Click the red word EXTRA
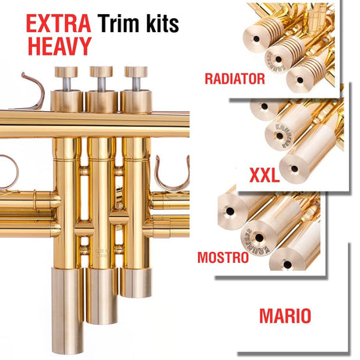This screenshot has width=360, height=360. coord(59,23)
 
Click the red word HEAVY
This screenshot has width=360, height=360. coord(59,46)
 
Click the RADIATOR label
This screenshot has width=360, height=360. coord(235,78)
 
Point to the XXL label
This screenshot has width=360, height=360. coord(265,175)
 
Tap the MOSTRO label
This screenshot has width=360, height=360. coord(223,257)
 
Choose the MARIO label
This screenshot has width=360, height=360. coord(285,315)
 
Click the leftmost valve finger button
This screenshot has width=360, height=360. coord(66,71)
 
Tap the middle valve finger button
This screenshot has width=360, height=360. coord(101,71)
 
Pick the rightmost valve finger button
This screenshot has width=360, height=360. coord(136,71)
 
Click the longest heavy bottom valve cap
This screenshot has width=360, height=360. coord(67,311)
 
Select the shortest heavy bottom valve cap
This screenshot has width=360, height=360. coord(136,283)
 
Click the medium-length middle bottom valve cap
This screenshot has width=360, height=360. coord(102,296)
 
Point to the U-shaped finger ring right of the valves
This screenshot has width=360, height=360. coord(172,175)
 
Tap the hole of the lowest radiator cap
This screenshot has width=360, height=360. coord(300,80)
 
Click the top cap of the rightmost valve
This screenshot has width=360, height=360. coord(136,102)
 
